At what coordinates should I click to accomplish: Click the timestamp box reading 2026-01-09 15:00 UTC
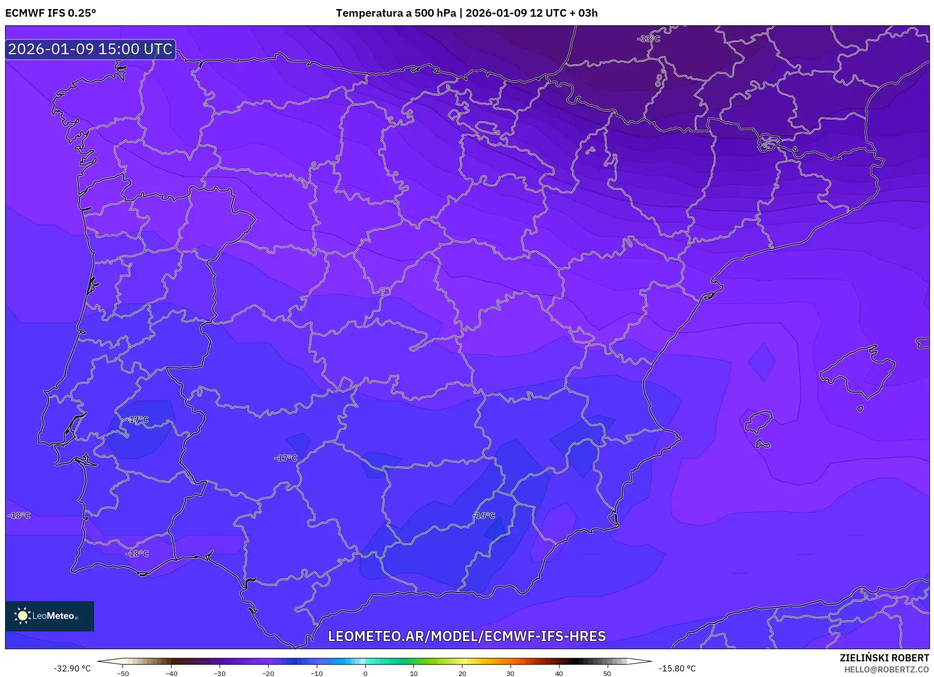90,49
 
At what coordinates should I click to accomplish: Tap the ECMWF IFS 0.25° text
51,13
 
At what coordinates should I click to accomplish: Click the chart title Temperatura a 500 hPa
396,13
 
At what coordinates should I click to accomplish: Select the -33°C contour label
648,38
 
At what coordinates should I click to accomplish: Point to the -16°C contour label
484,515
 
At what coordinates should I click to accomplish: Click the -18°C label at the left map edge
19,515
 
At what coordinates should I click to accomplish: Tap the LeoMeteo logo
49,616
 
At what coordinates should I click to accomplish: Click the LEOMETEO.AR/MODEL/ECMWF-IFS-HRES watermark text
466,636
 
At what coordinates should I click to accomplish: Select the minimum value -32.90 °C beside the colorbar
72,668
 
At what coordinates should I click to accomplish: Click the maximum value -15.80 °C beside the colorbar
677,668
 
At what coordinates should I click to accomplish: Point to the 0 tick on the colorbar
365,673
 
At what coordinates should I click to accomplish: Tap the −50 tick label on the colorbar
123,673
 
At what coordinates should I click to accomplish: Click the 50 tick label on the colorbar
607,673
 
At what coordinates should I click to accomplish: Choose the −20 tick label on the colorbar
268,673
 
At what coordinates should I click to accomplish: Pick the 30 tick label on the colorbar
511,673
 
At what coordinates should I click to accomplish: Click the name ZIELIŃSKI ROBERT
884,658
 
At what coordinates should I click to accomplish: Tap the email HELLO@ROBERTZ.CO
886,669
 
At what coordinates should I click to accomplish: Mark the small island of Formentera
762,445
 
